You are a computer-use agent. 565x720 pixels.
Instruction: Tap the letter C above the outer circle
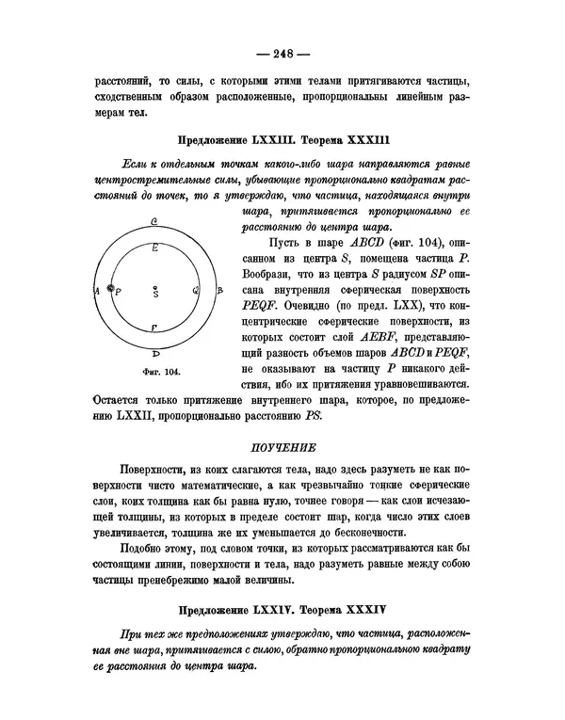[153, 221]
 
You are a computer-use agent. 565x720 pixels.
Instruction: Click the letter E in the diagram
[154, 246]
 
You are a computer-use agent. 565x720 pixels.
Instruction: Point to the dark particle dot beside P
[111, 288]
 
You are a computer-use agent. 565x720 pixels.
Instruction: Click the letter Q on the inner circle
[195, 290]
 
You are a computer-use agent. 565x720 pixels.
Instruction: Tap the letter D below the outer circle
[155, 356]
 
